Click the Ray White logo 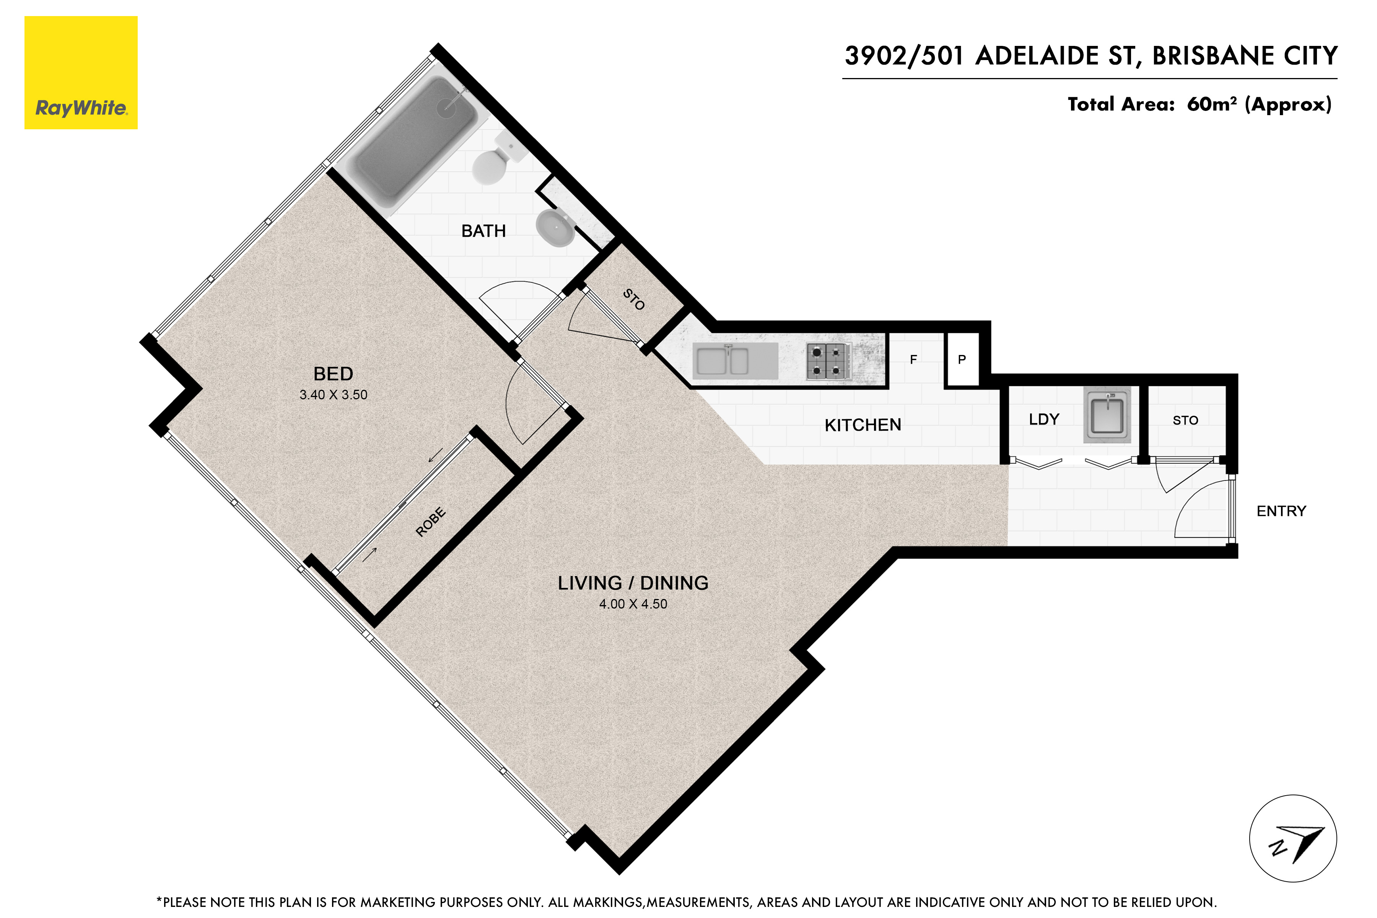click(81, 73)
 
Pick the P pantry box click(962, 360)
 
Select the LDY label click(1044, 419)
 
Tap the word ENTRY click(1281, 511)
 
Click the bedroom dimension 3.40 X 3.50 click(333, 395)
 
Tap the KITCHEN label click(863, 425)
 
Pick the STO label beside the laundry click(1185, 420)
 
